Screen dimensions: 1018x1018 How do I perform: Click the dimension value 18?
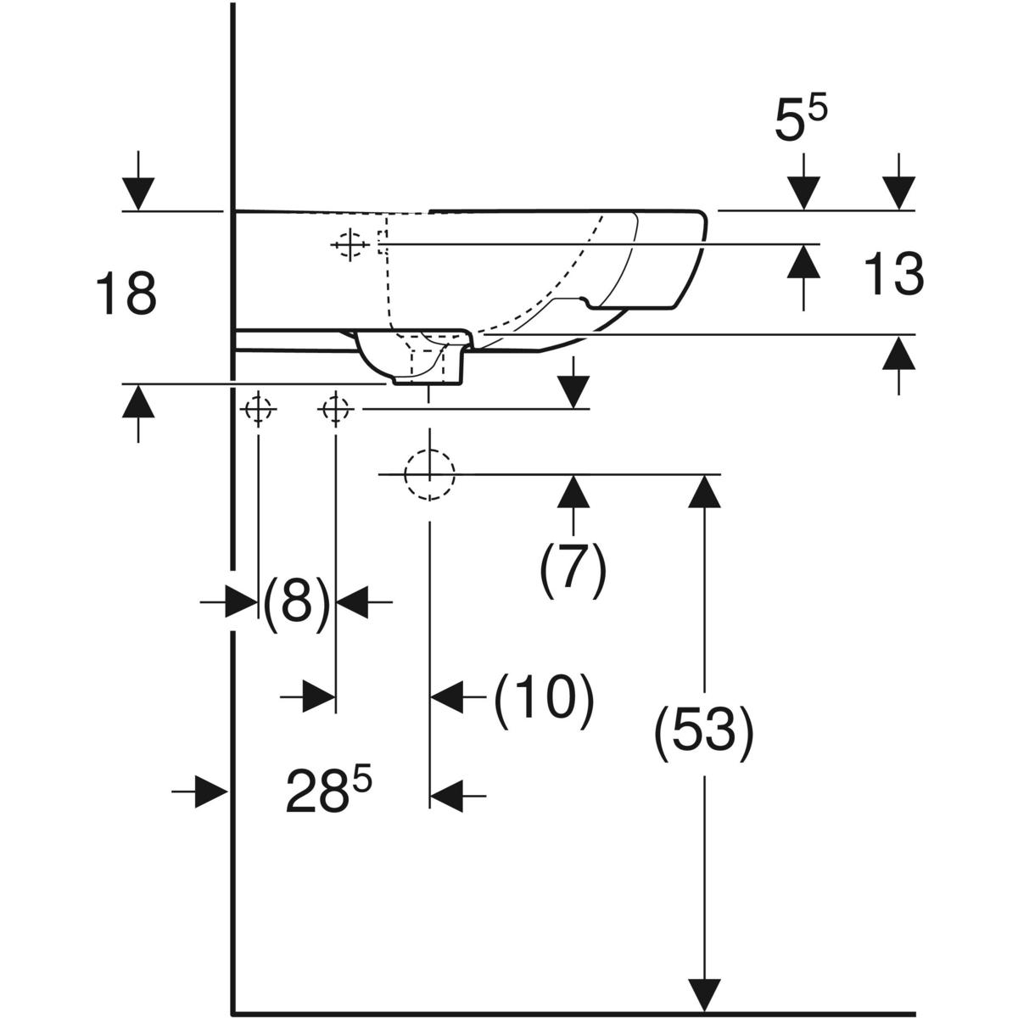[x=126, y=294]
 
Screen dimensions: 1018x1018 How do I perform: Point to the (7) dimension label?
[x=573, y=569]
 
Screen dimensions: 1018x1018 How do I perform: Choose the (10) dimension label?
[x=544, y=701]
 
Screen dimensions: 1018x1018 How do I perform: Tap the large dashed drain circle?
[x=429, y=474]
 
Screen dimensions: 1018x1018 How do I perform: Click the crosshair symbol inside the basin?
[x=348, y=245]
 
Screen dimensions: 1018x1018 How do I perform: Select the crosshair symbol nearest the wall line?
[x=258, y=411]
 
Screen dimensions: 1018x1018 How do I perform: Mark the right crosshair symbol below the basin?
[x=335, y=411]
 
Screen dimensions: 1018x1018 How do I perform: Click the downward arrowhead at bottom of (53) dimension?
[x=704, y=993]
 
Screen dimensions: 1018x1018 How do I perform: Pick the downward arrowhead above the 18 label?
[x=138, y=193]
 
